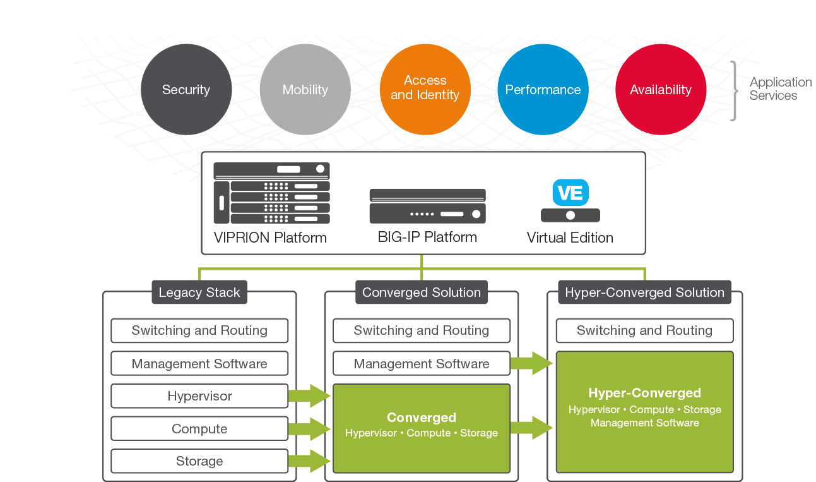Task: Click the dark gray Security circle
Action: (186, 89)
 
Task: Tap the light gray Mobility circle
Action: (305, 89)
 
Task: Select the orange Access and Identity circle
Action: (425, 89)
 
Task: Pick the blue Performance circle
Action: (543, 89)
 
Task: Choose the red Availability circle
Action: (661, 89)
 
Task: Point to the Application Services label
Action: (780, 89)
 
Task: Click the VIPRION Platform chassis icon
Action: (271, 193)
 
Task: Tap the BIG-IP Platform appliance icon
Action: (427, 206)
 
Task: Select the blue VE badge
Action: (571, 192)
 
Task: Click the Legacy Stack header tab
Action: (199, 292)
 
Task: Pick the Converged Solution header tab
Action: (422, 292)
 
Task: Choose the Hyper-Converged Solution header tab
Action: (644, 292)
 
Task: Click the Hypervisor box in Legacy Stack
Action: (199, 396)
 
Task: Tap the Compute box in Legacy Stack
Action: (199, 429)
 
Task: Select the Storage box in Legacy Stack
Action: (199, 461)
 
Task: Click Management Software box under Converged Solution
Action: (422, 364)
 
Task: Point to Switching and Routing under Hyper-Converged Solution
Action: (644, 330)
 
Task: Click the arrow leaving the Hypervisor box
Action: (309, 396)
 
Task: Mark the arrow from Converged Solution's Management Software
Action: (531, 363)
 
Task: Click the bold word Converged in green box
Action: (421, 418)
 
